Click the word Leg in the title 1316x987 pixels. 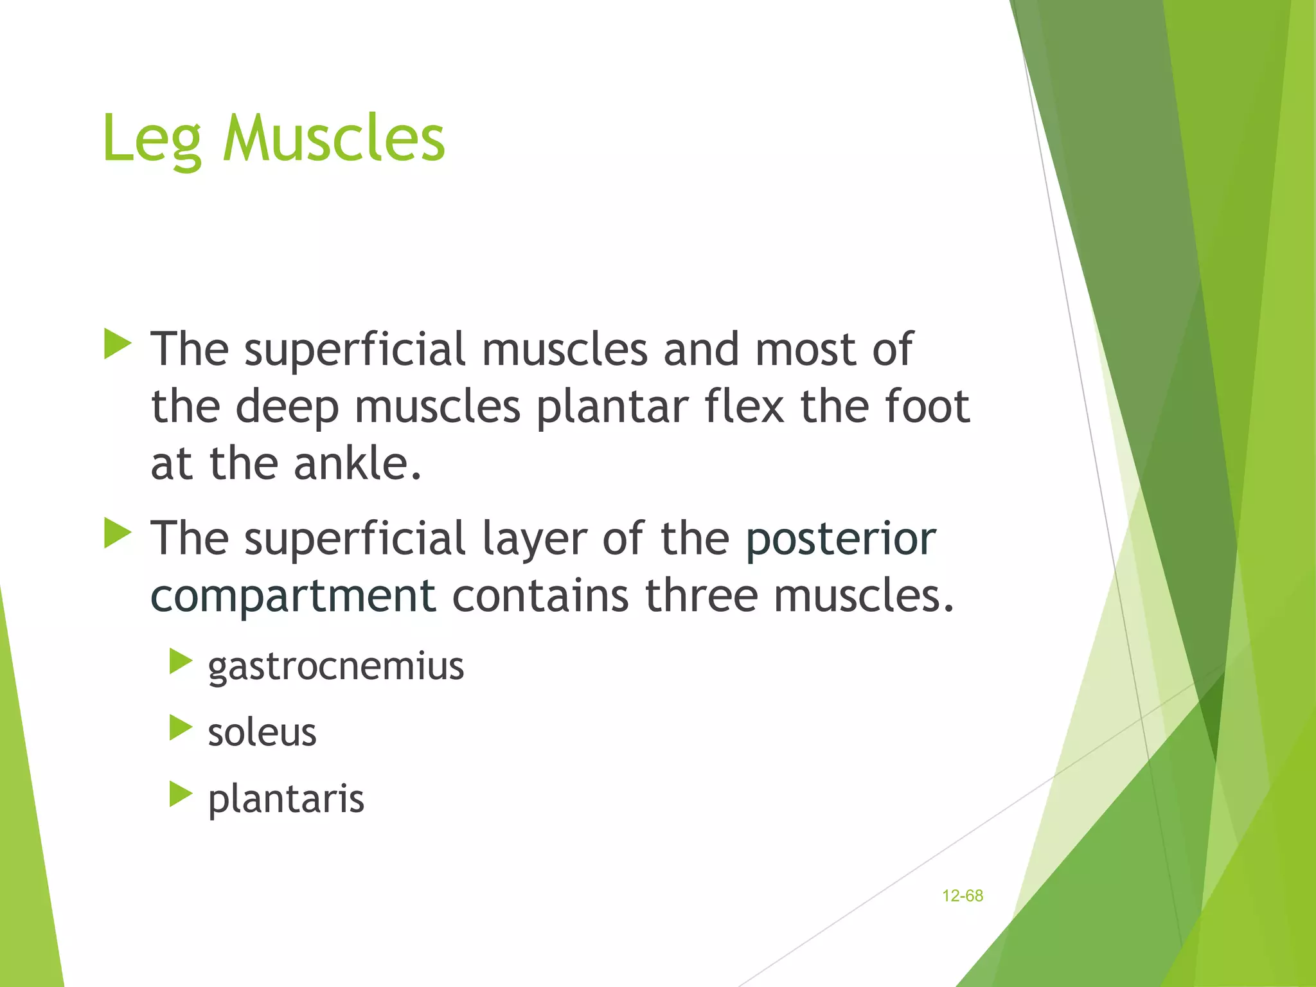click(x=152, y=139)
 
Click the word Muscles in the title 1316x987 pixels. click(x=333, y=138)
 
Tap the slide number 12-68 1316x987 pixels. click(x=962, y=896)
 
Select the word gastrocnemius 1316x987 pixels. click(x=335, y=666)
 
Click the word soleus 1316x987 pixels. click(x=262, y=733)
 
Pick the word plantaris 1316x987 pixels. click(x=286, y=799)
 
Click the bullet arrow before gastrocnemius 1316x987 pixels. click(x=181, y=661)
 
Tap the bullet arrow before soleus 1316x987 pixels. click(x=181, y=728)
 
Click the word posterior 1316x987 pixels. click(x=840, y=538)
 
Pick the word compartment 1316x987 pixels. click(x=293, y=596)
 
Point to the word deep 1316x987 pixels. click(x=287, y=407)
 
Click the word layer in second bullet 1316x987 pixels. click(x=534, y=538)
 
